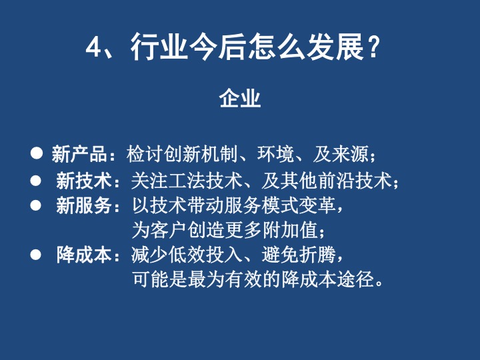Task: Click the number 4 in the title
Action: [93, 47]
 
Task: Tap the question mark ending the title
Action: [373, 47]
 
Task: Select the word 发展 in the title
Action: [335, 47]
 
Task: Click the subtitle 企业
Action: [240, 99]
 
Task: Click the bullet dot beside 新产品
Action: [37, 153]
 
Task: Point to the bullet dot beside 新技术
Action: [35, 181]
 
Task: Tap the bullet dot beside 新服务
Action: [35, 205]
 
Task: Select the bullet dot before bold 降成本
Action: [35, 255]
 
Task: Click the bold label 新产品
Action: [79, 154]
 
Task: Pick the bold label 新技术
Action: [83, 181]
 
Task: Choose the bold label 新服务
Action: [83, 205]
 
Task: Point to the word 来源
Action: [350, 154]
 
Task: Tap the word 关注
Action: [150, 181]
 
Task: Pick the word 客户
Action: [169, 230]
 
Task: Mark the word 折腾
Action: [318, 255]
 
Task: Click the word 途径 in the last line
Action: [355, 279]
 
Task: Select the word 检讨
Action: [145, 154]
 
